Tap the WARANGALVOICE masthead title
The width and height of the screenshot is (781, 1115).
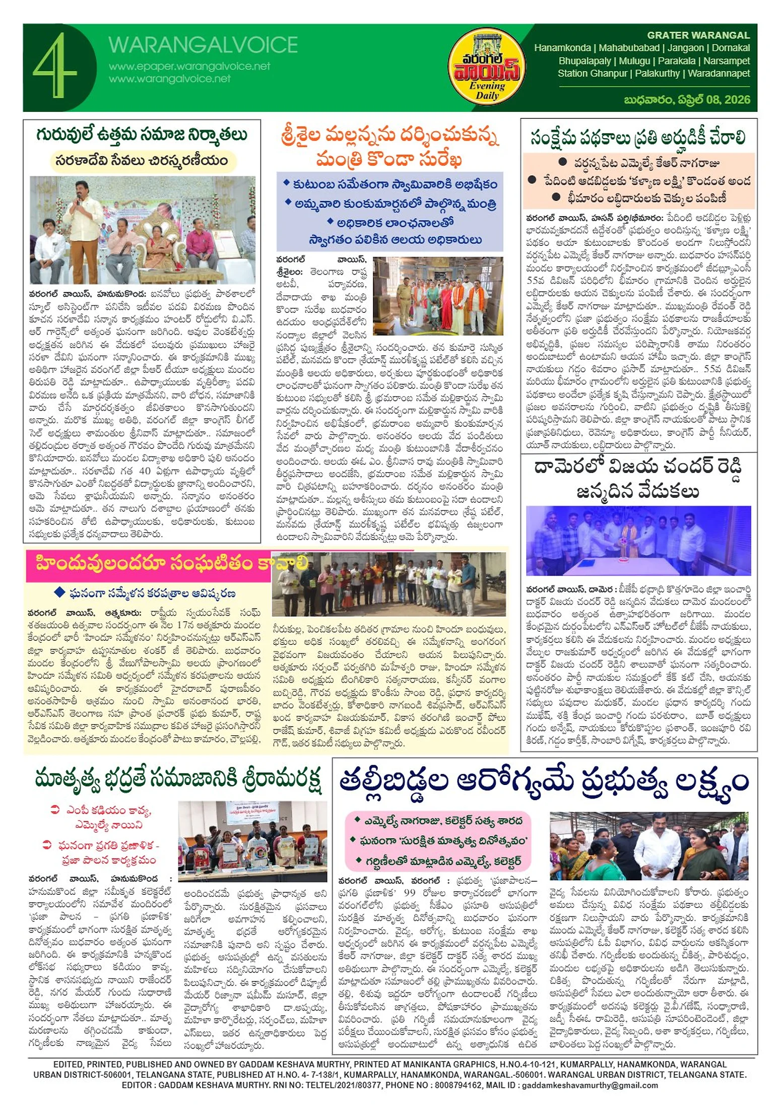coord(203,45)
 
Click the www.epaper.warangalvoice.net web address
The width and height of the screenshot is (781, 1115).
coord(189,66)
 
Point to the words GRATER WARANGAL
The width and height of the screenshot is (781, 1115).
coord(698,35)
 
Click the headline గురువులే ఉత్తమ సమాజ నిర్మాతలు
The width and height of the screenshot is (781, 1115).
coord(142,135)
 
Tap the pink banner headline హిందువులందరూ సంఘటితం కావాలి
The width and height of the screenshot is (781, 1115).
coord(171,563)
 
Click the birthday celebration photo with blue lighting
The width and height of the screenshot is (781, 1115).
coord(638,541)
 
